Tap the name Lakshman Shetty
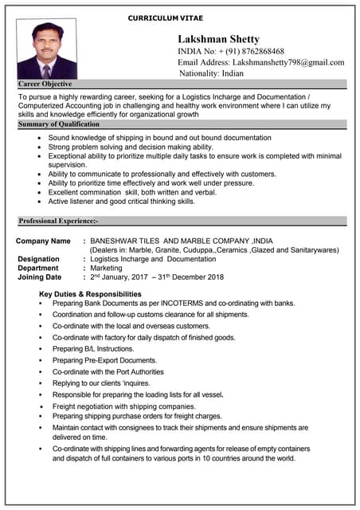point(218,39)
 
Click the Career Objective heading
point(45,84)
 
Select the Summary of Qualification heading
point(59,124)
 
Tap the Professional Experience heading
point(58,220)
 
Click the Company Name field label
point(43,241)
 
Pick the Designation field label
point(38,259)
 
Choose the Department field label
point(38,269)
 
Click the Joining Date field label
point(39,277)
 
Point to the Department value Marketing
point(107,269)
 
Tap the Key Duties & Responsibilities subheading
point(90,294)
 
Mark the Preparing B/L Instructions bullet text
point(93,348)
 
